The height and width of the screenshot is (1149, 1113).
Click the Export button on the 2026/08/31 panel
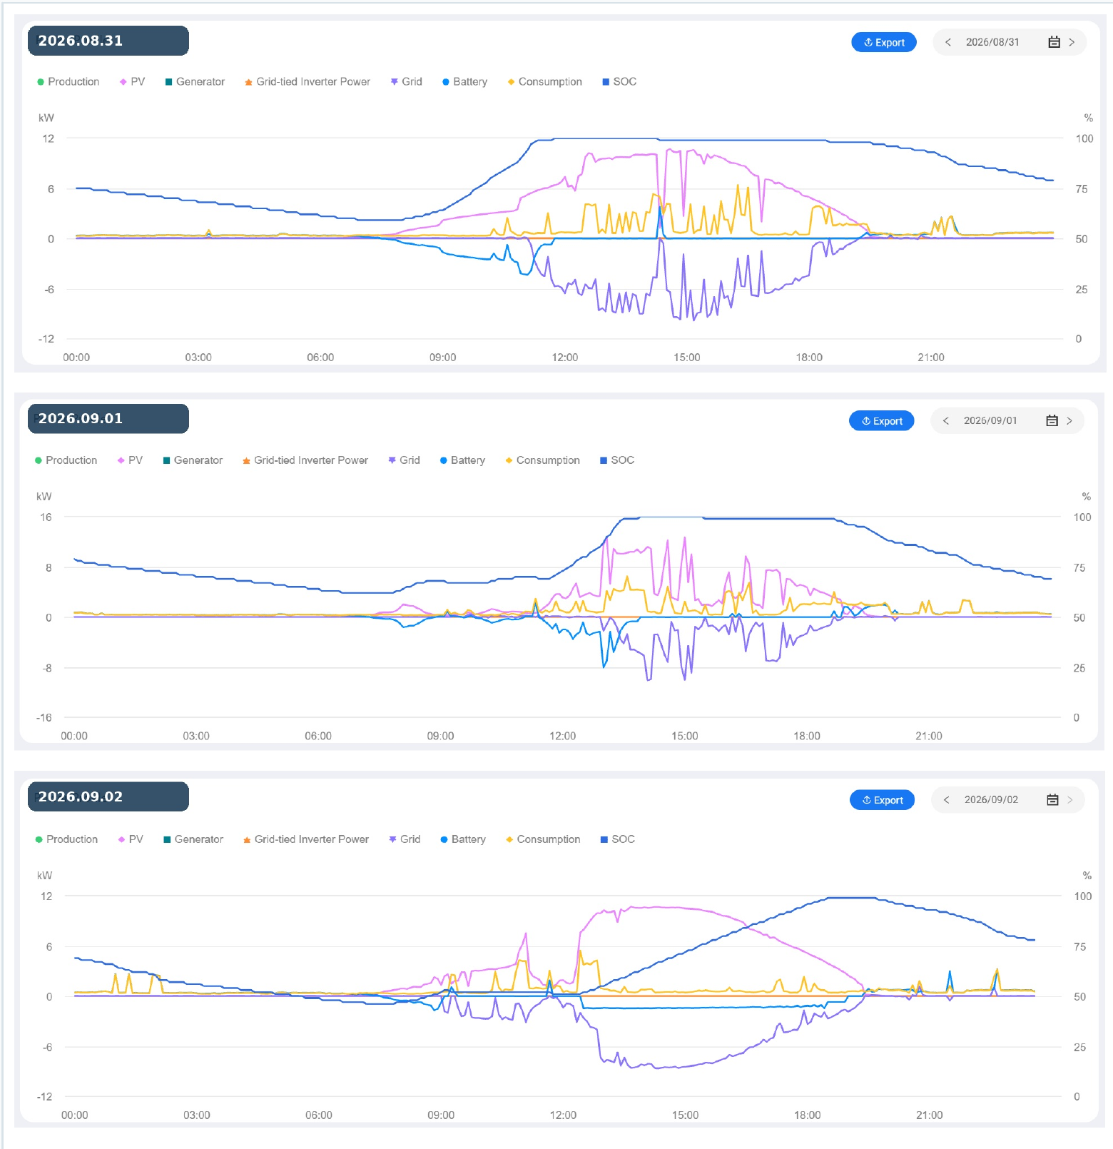pyautogui.click(x=884, y=42)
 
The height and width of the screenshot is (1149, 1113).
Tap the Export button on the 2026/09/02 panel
pyautogui.click(x=883, y=800)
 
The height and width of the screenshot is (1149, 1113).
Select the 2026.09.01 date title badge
pyautogui.click(x=108, y=419)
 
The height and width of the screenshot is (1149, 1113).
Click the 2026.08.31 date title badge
pyautogui.click(x=108, y=41)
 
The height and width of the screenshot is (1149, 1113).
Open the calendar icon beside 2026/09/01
pyautogui.click(x=1052, y=421)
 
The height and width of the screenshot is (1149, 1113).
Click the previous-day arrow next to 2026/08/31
pyautogui.click(x=948, y=42)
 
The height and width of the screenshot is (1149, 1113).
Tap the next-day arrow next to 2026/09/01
pyautogui.click(x=1069, y=421)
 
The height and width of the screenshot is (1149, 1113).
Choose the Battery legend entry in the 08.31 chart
pyautogui.click(x=464, y=82)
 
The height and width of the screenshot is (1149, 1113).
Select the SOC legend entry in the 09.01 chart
pyautogui.click(x=617, y=460)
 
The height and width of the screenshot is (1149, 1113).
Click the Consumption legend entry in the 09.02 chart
pyautogui.click(x=543, y=839)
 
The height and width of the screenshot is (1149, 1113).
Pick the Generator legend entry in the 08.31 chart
pyautogui.click(x=195, y=82)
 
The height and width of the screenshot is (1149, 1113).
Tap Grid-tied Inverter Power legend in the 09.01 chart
pyautogui.click(x=305, y=460)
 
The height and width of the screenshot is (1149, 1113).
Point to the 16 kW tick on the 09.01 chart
pyautogui.click(x=46, y=517)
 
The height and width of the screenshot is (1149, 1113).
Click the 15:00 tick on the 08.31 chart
pyautogui.click(x=687, y=358)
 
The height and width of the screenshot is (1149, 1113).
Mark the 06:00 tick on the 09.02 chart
pyautogui.click(x=319, y=1115)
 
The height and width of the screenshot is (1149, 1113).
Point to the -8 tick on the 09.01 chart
pyautogui.click(x=47, y=669)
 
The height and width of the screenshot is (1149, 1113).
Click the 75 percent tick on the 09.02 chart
pyautogui.click(x=1080, y=947)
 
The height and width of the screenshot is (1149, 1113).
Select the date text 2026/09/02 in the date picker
pyautogui.click(x=992, y=800)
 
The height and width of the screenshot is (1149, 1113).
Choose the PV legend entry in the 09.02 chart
pyautogui.click(x=131, y=839)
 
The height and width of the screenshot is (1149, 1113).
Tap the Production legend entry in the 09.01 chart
pyautogui.click(x=66, y=460)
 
